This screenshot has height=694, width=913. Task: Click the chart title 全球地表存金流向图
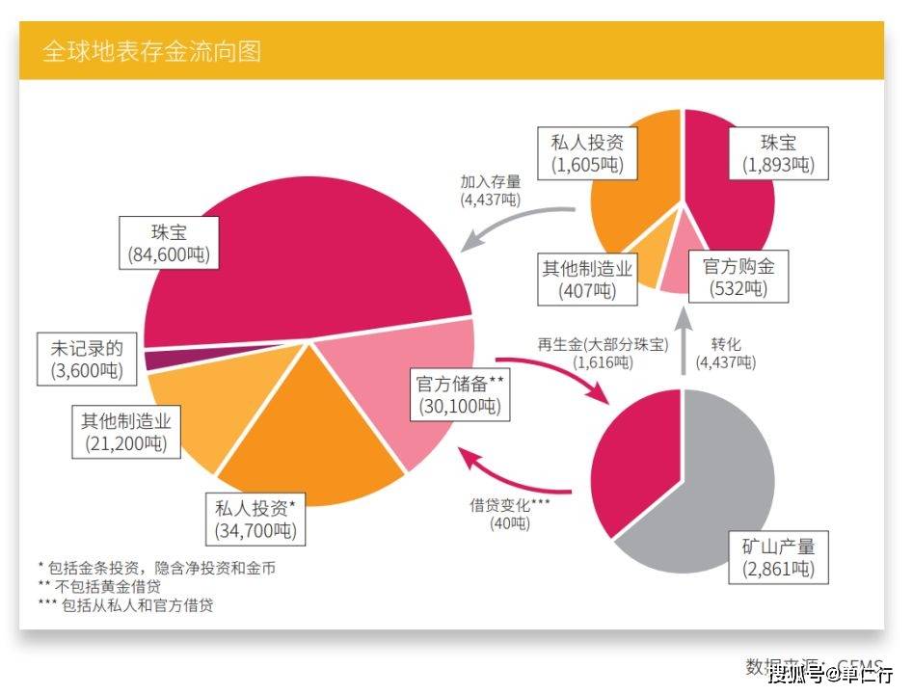tap(151, 51)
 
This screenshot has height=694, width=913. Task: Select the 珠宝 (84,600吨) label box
tap(169, 242)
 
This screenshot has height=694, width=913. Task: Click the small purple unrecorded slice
tap(151, 360)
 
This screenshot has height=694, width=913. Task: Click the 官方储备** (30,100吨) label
tap(461, 393)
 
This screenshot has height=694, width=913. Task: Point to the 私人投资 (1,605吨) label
tap(588, 153)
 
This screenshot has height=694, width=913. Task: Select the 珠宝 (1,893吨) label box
tap(778, 153)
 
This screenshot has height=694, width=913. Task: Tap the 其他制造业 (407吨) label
tap(587, 279)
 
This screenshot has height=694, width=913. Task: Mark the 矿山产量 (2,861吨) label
tap(778, 557)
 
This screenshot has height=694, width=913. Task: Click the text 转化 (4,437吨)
tap(726, 353)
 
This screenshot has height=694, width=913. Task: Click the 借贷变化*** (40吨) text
tap(509, 514)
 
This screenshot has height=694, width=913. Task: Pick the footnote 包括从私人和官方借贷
tap(125, 605)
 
